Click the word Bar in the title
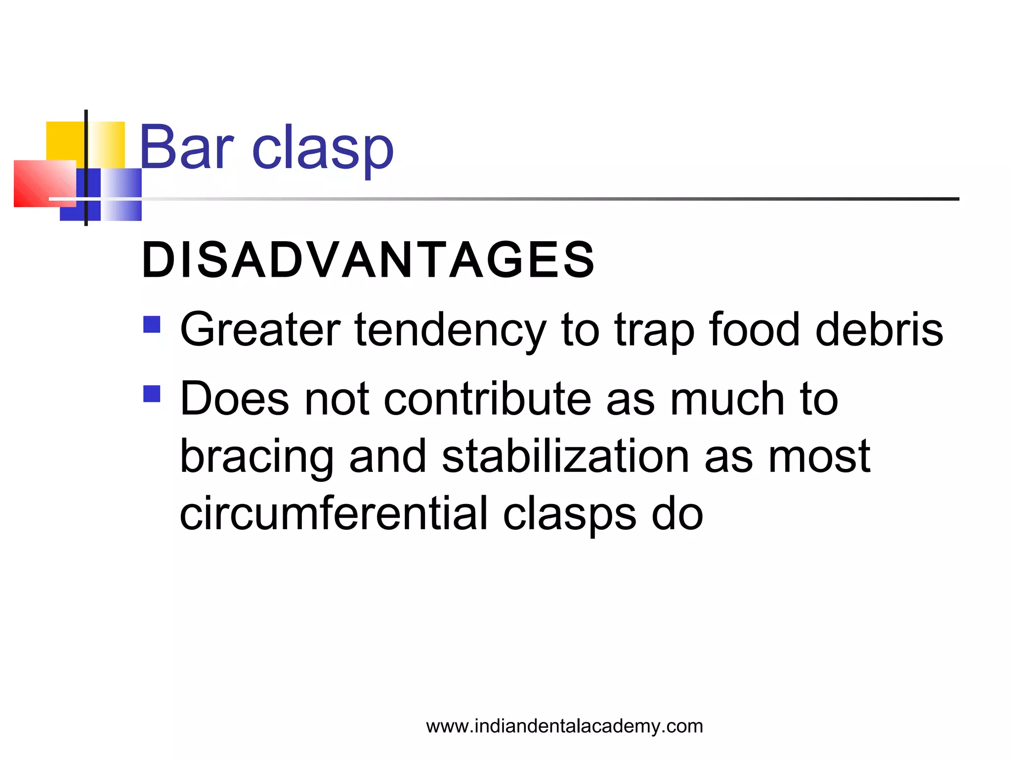tap(186, 147)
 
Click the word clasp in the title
tap(323, 148)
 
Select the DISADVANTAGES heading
tap(368, 260)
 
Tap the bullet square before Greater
tap(152, 325)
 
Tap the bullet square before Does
tap(152, 394)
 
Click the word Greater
tap(260, 330)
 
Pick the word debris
tap(879, 330)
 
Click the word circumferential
tap(334, 514)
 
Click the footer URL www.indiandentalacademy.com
tap(564, 726)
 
